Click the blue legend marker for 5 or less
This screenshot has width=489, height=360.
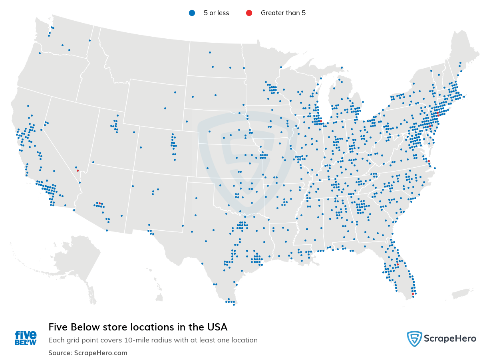coord(192,13)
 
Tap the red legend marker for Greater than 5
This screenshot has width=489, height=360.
coord(249,13)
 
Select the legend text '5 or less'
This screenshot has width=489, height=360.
coord(216,13)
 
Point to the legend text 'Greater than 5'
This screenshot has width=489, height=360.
coord(283,13)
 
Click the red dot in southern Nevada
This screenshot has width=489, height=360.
coord(78,170)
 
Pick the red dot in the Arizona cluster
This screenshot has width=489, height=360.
coord(99,203)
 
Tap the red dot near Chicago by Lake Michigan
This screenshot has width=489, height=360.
coord(320,121)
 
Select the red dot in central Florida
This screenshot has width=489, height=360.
coord(398,264)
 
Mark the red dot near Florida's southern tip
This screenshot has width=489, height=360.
coord(413,294)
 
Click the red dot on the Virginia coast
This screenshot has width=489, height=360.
coord(429,161)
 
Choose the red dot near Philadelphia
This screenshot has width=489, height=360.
coord(430,127)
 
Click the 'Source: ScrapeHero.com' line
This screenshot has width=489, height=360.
coord(88,353)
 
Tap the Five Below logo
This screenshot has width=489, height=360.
coord(26,338)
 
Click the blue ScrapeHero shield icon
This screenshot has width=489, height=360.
coord(414,339)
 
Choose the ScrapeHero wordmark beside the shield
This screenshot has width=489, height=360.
coord(450,339)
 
